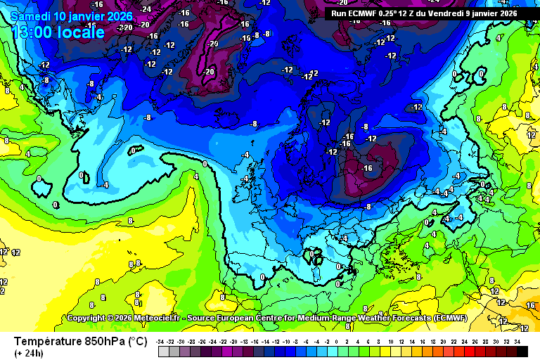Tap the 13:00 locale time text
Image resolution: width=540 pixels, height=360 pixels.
point(58,32)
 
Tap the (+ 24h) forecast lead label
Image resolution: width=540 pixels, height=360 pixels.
point(28,353)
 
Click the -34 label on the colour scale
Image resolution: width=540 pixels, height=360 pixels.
point(161,341)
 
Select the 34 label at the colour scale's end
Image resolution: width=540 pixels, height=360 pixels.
point(517,341)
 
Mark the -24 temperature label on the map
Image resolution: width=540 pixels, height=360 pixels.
point(146,8)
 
